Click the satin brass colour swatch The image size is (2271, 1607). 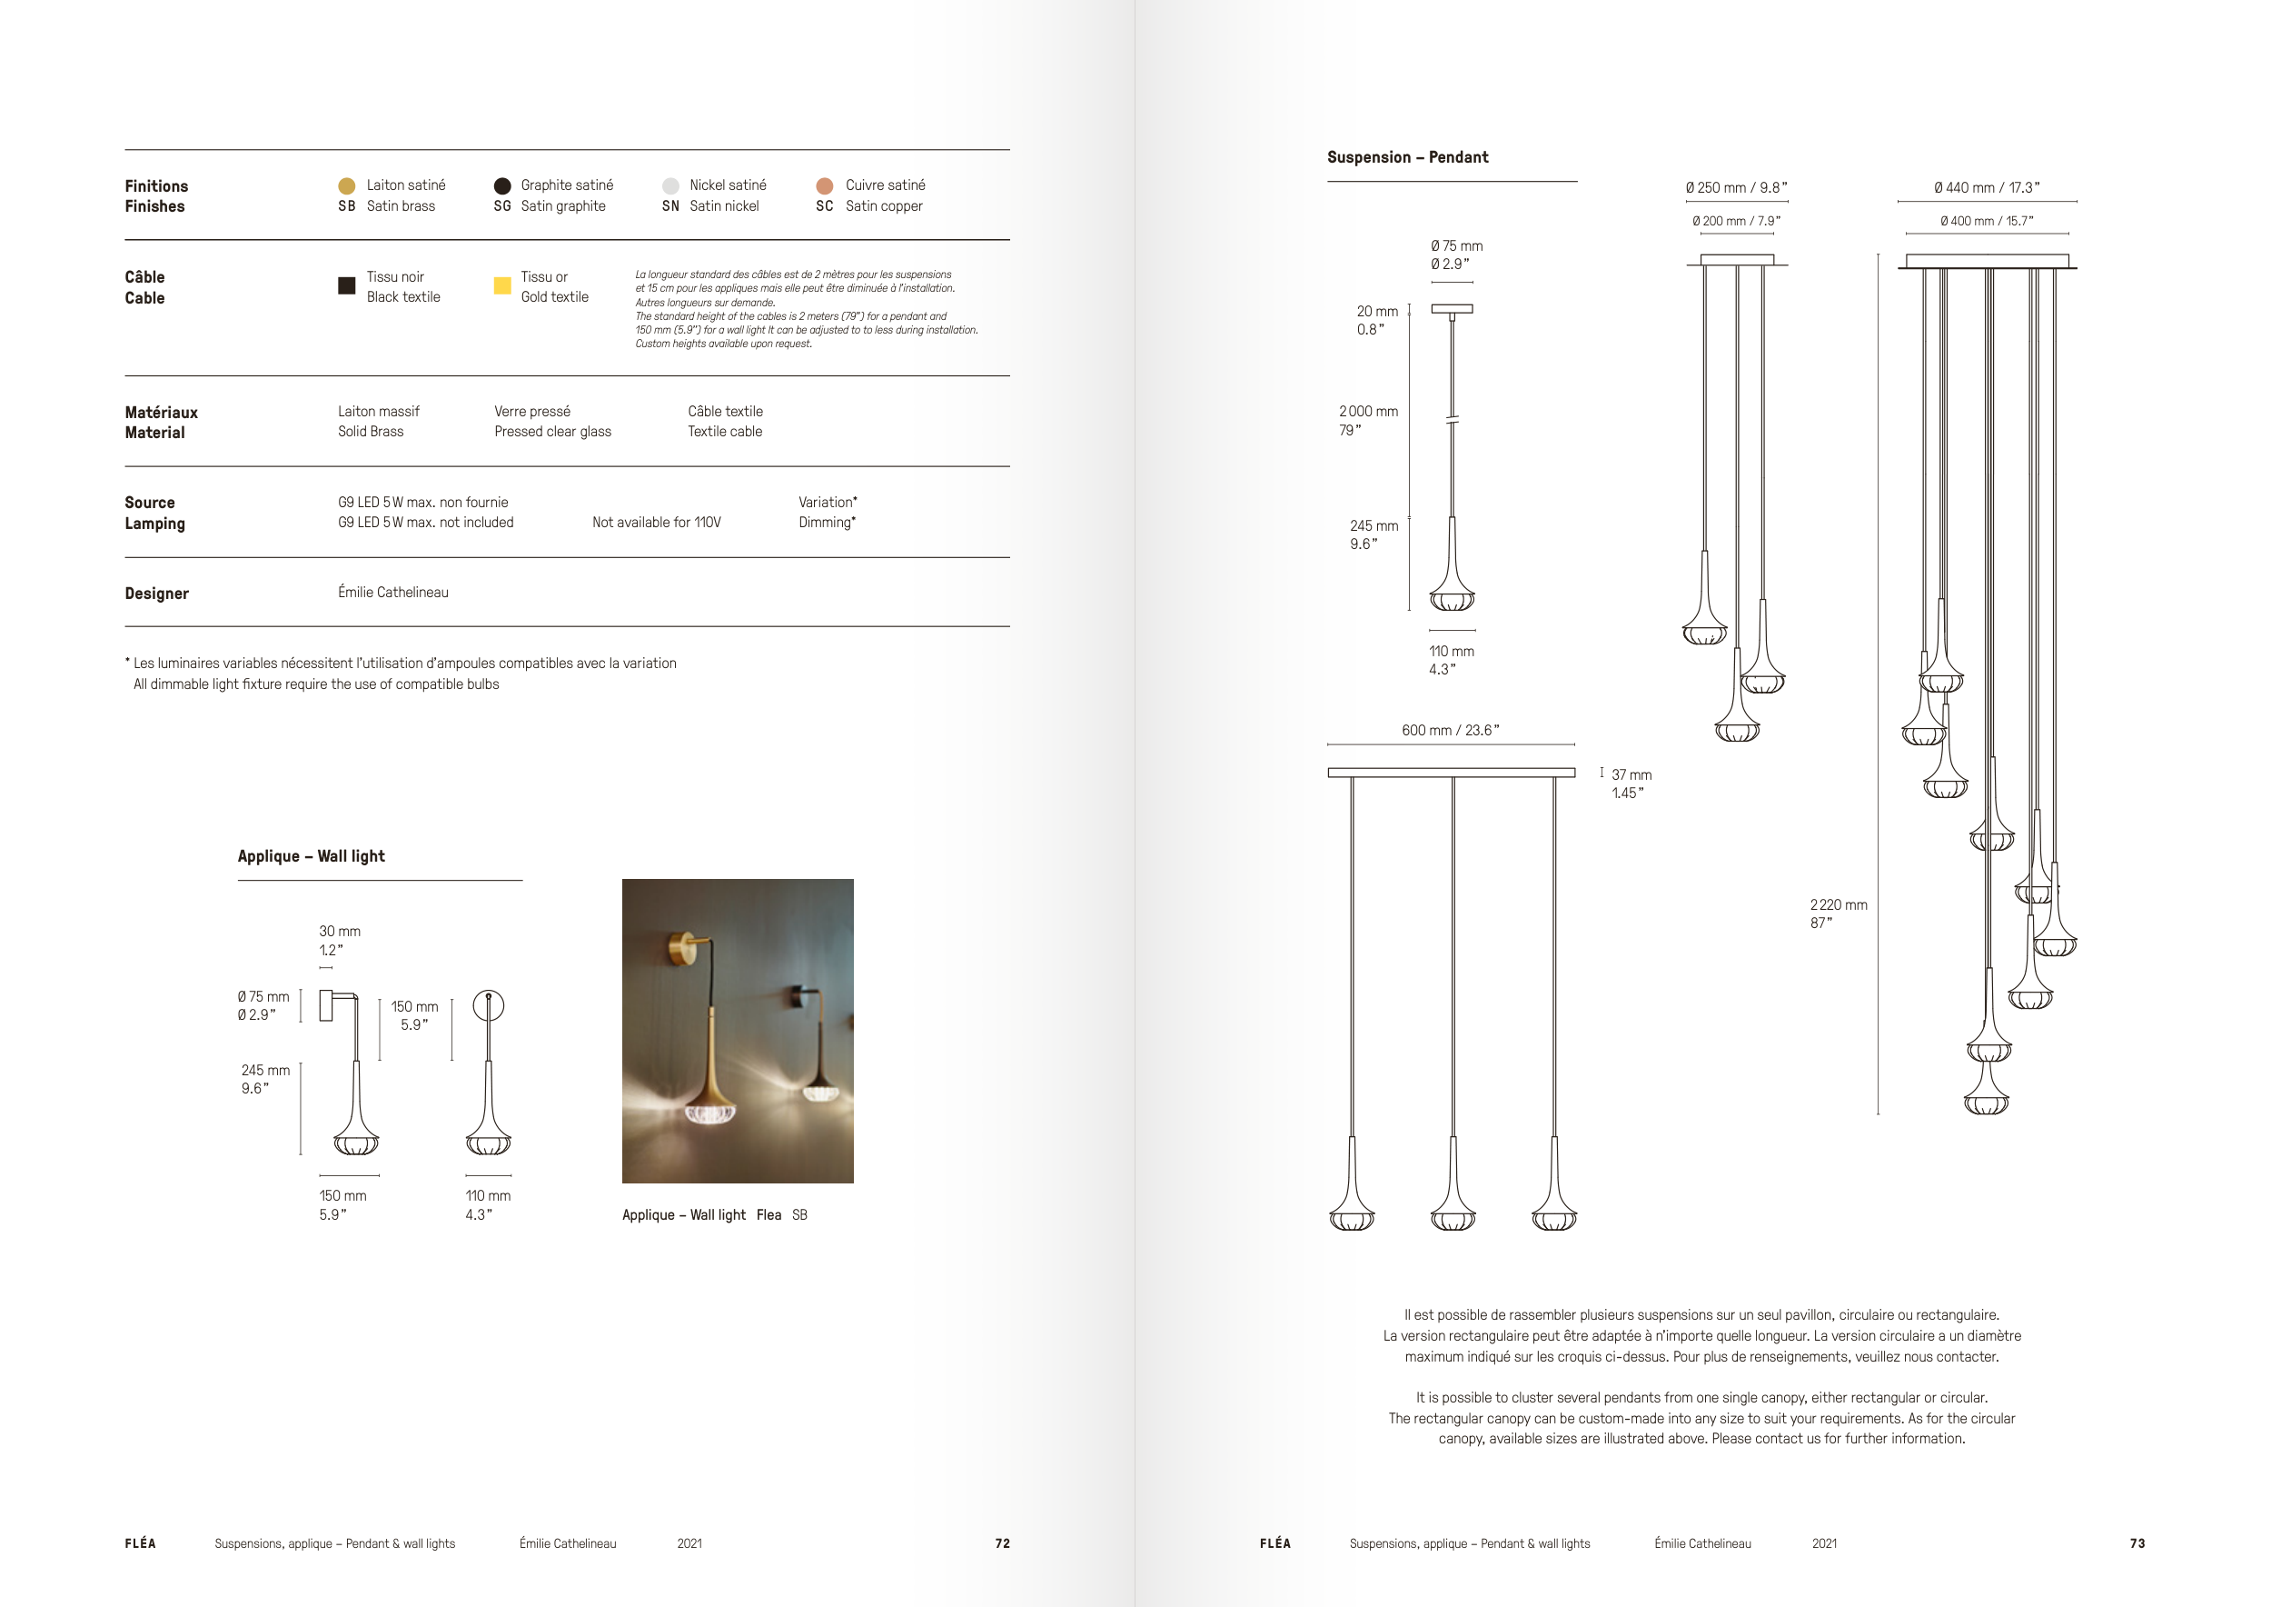pyautogui.click(x=346, y=186)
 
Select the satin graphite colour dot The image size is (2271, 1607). pyautogui.click(x=502, y=186)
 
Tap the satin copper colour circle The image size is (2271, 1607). pyautogui.click(x=824, y=186)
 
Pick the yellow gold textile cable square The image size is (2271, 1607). pyautogui.click(x=502, y=285)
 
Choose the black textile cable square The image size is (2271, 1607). pyautogui.click(x=346, y=285)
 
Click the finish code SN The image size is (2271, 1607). pyautogui.click(x=670, y=205)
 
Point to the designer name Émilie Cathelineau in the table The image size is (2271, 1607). pyautogui.click(x=392, y=592)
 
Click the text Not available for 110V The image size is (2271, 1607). pyautogui.click(x=656, y=523)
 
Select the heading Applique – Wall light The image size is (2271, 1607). pyautogui.click(x=311, y=856)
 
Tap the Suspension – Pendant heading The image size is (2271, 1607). pyautogui.click(x=1406, y=157)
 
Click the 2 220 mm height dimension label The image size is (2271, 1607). pyautogui.click(x=1838, y=905)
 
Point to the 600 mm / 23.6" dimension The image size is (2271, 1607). pyautogui.click(x=1450, y=730)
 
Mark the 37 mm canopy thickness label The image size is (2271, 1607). pyautogui.click(x=1631, y=774)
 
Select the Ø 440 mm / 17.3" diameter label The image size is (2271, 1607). pyautogui.click(x=1986, y=188)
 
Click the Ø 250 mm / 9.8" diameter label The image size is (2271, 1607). pyautogui.click(x=1736, y=188)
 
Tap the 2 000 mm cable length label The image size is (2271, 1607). pyautogui.click(x=1368, y=412)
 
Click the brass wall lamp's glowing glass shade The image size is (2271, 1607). pyautogui.click(x=711, y=1113)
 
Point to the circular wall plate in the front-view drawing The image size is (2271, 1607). pyautogui.click(x=489, y=1005)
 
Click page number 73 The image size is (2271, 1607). pyautogui.click(x=2137, y=1543)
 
